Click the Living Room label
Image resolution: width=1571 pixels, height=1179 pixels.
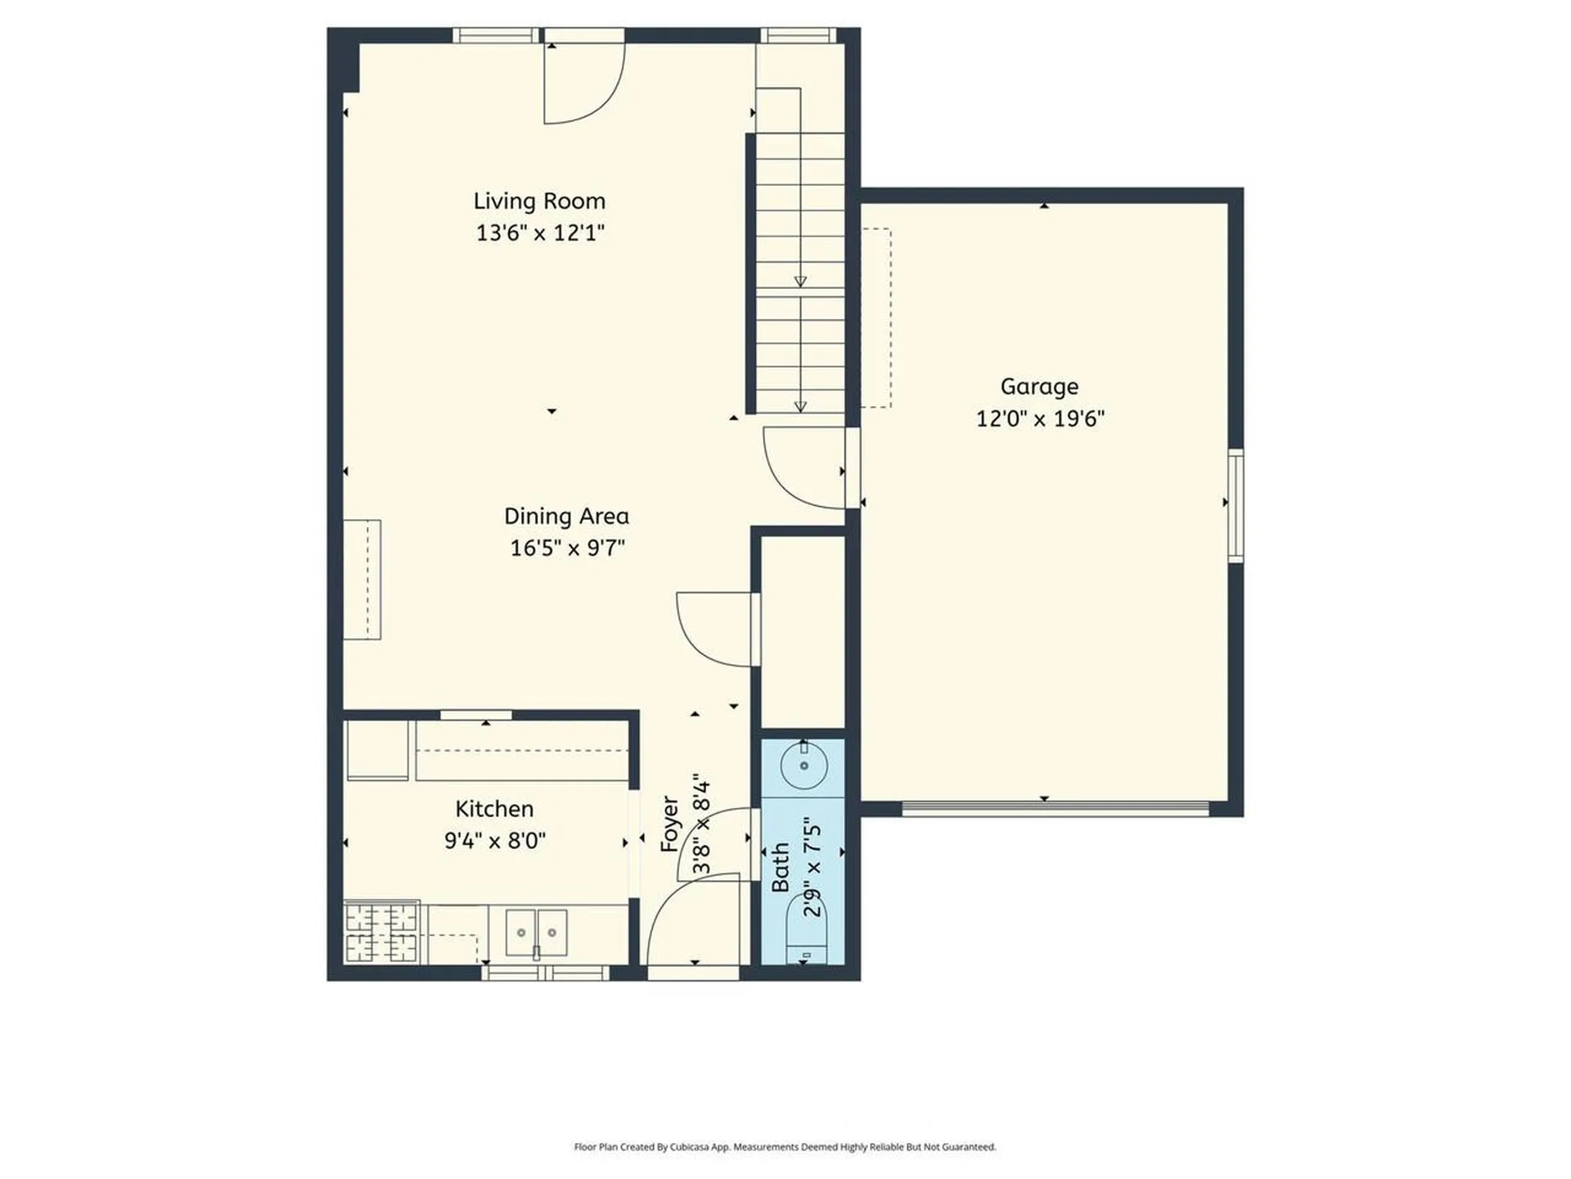pos(539,201)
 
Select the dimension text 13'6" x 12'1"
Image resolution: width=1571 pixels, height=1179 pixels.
pos(540,233)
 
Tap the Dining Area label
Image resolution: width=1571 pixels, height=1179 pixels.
pos(566,516)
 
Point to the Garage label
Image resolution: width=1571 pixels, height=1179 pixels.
pos(1039,386)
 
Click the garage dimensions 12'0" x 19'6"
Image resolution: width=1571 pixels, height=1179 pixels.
pos(1040,419)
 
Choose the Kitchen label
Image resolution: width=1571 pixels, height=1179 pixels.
pos(494,809)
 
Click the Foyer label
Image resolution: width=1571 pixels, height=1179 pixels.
pos(669,824)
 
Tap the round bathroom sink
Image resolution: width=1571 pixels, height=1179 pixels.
pos(804,765)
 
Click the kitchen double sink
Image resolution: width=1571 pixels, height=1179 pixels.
pos(537,932)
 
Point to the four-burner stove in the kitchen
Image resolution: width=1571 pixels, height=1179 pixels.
pos(381,932)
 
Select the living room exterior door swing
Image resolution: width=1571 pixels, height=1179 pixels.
pos(583,82)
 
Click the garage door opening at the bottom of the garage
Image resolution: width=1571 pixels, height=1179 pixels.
pos(1056,809)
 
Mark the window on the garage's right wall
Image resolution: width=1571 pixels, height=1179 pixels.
pos(1236,505)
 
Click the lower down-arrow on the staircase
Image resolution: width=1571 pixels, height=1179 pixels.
pos(800,406)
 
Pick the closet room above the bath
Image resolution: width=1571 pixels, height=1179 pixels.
pos(803,630)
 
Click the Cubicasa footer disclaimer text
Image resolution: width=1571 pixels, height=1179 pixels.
pos(785,1147)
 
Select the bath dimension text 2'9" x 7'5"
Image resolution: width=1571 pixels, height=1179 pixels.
pos(812,866)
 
